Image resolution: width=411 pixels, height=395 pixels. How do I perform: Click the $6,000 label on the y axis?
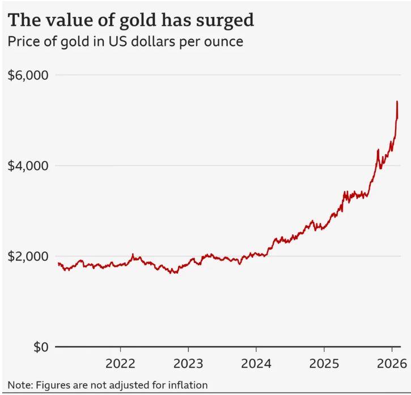click(x=28, y=75)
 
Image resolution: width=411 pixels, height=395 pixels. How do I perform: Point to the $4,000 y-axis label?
click(x=28, y=165)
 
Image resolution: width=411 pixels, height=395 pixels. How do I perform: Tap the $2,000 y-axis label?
click(x=28, y=256)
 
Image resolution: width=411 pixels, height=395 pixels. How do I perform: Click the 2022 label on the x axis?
click(x=120, y=363)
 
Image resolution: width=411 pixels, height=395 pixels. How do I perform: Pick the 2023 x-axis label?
click(x=188, y=363)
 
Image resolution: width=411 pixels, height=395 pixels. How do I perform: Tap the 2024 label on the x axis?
click(x=256, y=363)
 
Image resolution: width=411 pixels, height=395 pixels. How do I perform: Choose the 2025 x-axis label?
click(x=324, y=363)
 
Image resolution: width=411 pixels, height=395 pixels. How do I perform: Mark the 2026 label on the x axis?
click(x=392, y=363)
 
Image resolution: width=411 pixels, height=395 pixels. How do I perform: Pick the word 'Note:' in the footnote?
click(x=20, y=385)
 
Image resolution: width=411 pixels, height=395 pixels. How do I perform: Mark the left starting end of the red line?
click(x=58, y=263)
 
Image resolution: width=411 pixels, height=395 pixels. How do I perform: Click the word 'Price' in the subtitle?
click(x=22, y=42)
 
